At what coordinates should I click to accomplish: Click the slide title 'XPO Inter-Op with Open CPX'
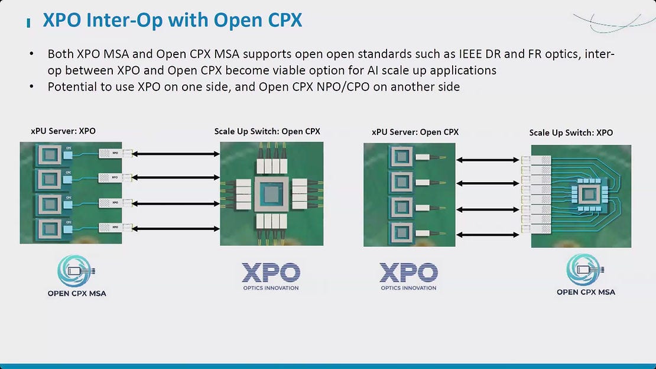tap(172, 21)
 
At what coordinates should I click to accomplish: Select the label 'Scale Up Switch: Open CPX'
tap(267, 131)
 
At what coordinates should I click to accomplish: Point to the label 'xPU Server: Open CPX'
tap(415, 132)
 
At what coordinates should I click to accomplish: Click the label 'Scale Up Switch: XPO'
tap(571, 132)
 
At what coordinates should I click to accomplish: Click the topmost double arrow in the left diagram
tap(175, 154)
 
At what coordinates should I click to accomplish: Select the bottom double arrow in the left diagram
tap(175, 228)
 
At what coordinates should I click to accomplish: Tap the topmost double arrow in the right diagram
tap(488, 160)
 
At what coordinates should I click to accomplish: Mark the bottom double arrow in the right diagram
tap(488, 235)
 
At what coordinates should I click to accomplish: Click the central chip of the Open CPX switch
tap(272, 195)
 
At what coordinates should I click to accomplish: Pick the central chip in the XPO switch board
tap(587, 195)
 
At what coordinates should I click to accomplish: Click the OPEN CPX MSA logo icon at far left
tap(77, 271)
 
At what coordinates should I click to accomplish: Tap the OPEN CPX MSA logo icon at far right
tap(586, 271)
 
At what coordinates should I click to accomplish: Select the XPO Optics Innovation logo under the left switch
tap(271, 276)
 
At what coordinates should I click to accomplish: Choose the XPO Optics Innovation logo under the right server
tap(408, 276)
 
